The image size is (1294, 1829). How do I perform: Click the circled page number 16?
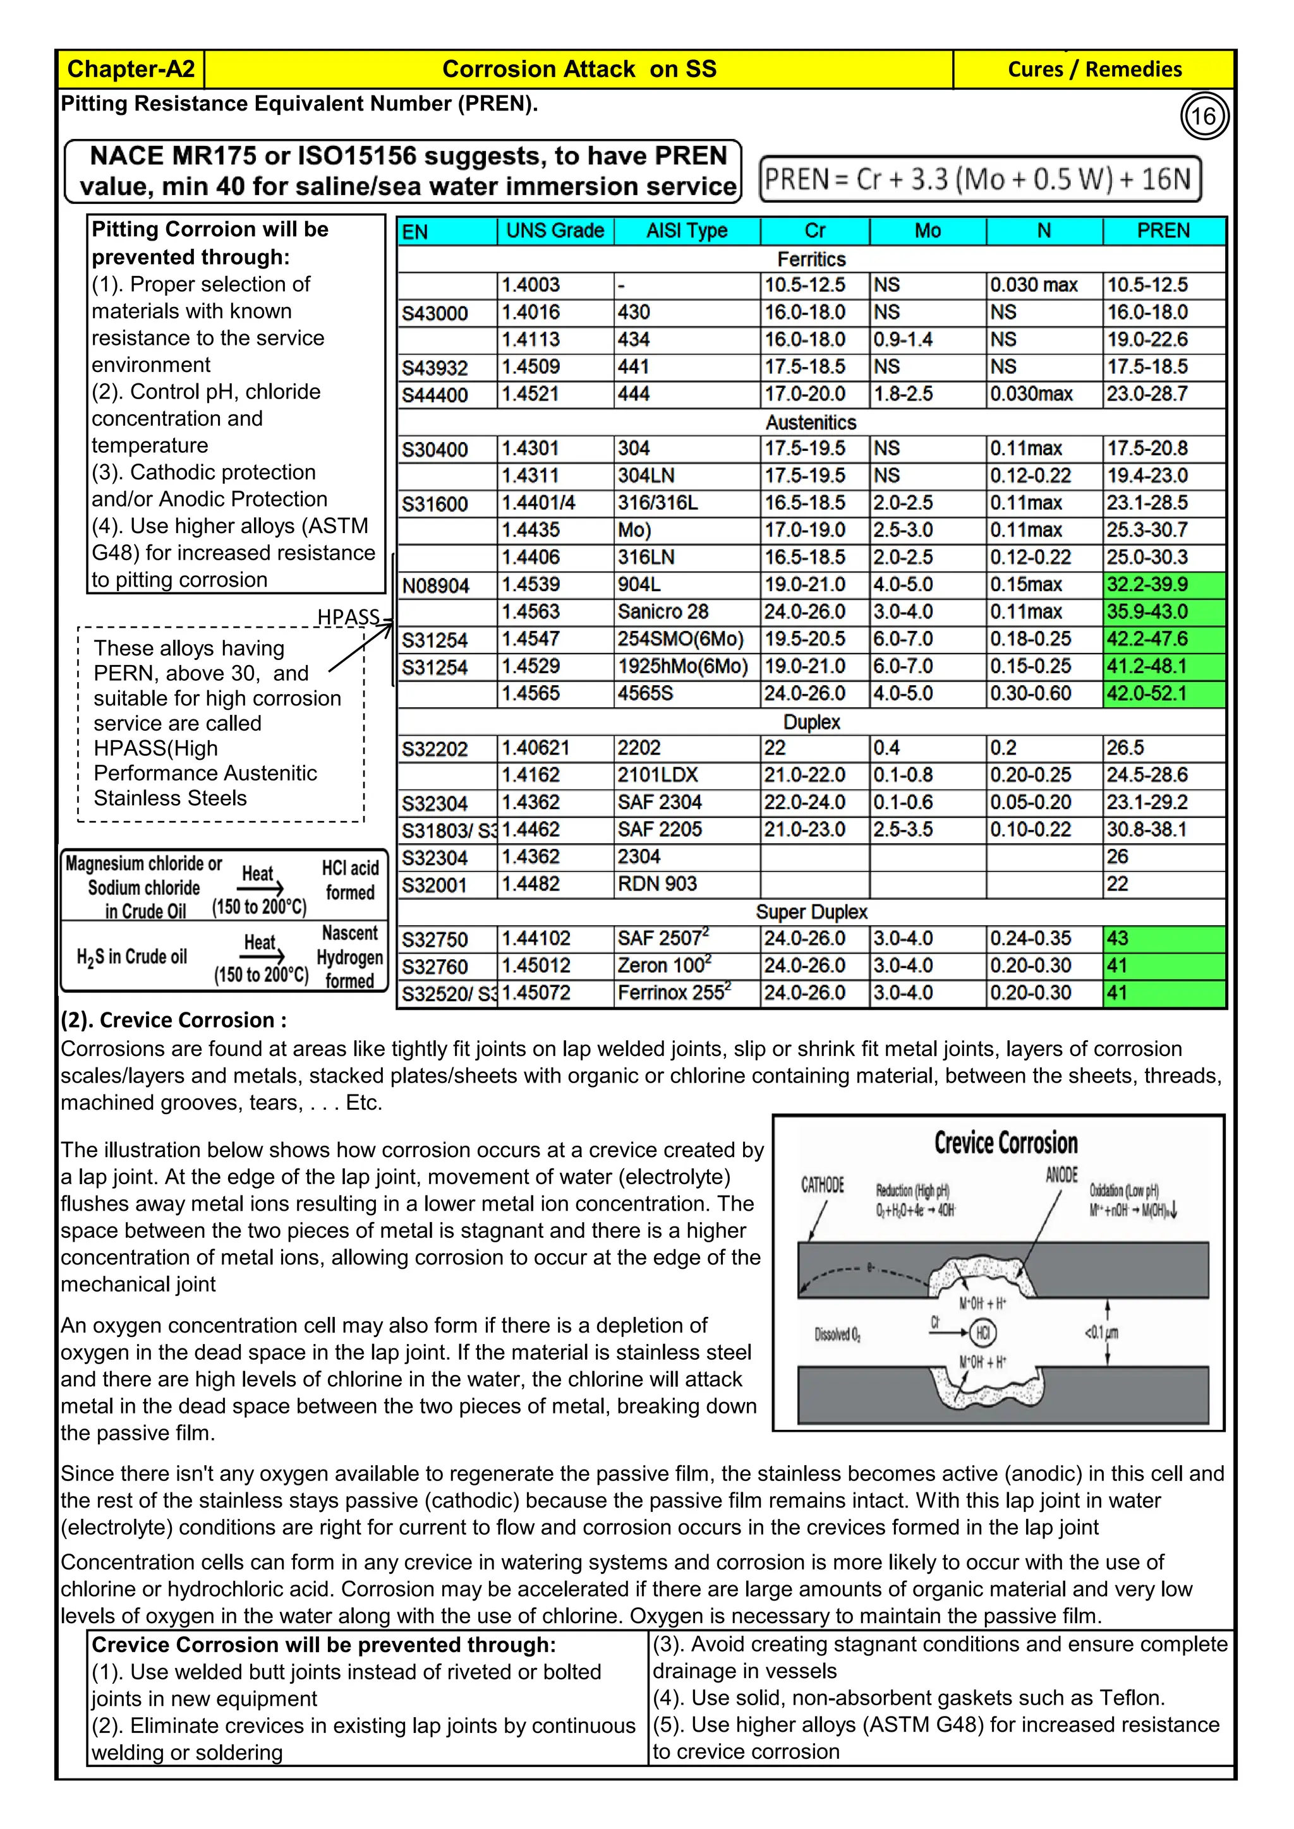(1203, 116)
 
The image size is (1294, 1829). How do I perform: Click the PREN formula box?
(979, 179)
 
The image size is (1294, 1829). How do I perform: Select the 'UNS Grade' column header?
(555, 231)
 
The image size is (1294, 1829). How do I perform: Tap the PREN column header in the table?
(1163, 231)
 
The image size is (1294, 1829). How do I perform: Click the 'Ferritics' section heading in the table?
(811, 259)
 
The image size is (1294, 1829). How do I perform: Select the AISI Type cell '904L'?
(639, 585)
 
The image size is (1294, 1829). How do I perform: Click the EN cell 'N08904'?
(435, 586)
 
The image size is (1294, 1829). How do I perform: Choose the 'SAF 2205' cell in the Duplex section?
(659, 829)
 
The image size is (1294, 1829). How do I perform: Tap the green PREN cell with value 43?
(1163, 938)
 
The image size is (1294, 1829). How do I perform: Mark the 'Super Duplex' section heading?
(811, 912)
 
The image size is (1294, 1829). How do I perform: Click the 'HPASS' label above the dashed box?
(348, 618)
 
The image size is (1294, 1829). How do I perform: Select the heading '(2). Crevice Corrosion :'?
(174, 1021)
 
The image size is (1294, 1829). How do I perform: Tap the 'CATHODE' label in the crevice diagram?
(822, 1185)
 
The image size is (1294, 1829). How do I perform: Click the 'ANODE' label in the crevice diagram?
(1061, 1175)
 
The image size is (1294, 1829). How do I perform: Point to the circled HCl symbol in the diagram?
(983, 1333)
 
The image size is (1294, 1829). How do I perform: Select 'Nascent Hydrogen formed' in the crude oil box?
(350, 957)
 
